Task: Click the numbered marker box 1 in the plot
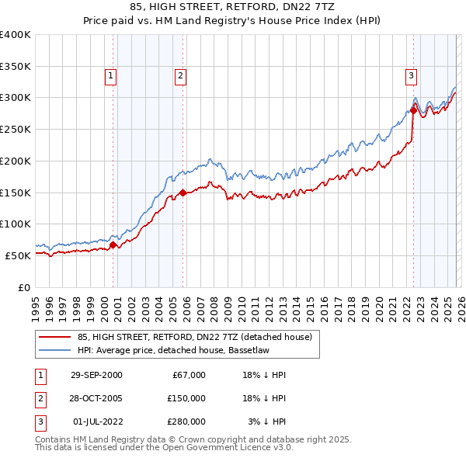click(x=111, y=76)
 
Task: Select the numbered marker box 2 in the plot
click(x=180, y=76)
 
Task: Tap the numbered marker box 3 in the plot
click(x=410, y=76)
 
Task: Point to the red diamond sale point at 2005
click(x=183, y=193)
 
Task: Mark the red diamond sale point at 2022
click(x=413, y=110)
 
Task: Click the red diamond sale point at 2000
click(x=113, y=245)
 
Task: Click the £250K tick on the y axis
click(x=15, y=129)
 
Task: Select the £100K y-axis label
click(x=15, y=224)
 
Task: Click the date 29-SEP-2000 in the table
click(x=96, y=375)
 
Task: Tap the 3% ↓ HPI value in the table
click(x=266, y=422)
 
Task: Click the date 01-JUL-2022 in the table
click(x=96, y=422)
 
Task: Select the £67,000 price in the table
click(x=187, y=375)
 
